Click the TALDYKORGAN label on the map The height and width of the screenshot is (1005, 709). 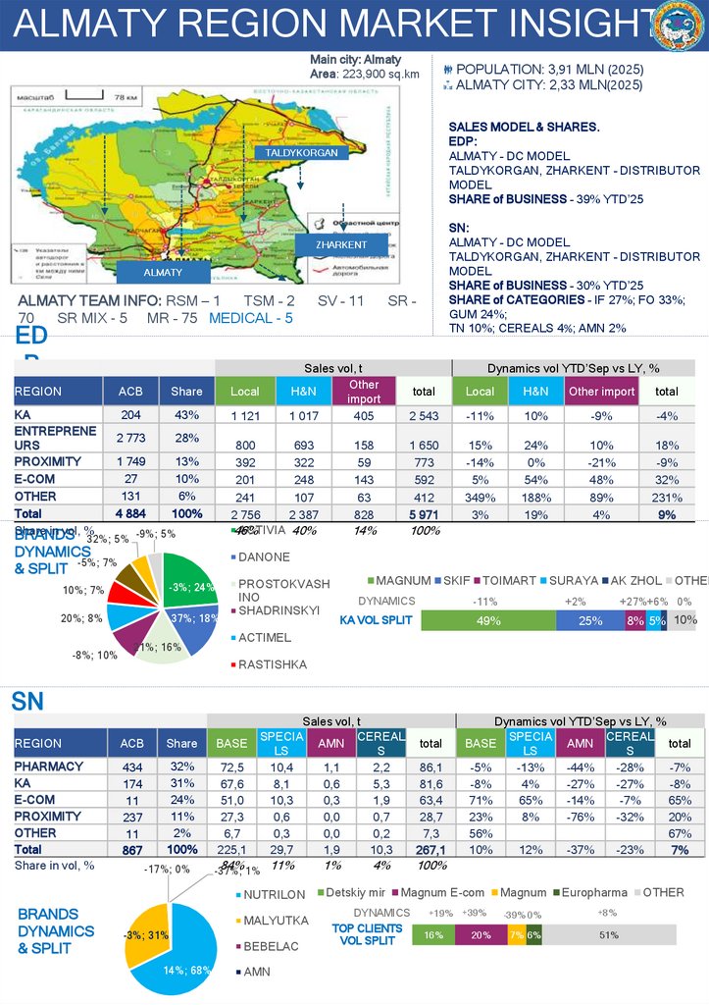pos(301,153)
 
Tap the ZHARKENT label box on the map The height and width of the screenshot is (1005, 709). pos(341,244)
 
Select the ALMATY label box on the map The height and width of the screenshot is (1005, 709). pos(163,272)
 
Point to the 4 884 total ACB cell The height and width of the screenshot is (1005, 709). pos(130,513)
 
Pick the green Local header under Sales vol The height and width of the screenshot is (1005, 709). pos(244,391)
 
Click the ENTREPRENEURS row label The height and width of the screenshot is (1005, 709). pos(56,438)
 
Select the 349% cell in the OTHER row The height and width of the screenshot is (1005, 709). pos(480,496)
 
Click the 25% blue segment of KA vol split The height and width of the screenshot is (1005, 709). pos(589,620)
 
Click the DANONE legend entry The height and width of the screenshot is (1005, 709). pos(264,557)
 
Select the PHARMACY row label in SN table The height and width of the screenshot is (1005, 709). pos(48,766)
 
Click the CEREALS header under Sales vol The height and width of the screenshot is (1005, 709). pos(379,743)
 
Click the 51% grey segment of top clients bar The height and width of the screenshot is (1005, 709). pos(609,935)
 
